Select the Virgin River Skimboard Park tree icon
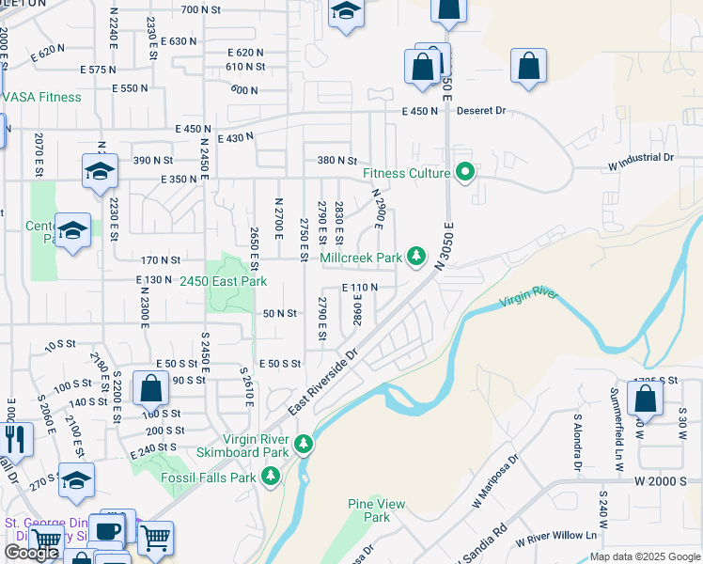click(x=303, y=444)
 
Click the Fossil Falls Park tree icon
click(x=271, y=478)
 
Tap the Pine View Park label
click(x=376, y=510)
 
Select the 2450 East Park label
click(x=224, y=281)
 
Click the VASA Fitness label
click(x=43, y=97)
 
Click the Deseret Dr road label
click(x=481, y=111)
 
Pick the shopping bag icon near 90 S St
click(x=150, y=387)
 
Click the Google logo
click(x=31, y=553)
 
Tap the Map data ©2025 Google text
click(x=644, y=556)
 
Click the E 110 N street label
click(x=359, y=288)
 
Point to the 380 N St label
click(x=337, y=161)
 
